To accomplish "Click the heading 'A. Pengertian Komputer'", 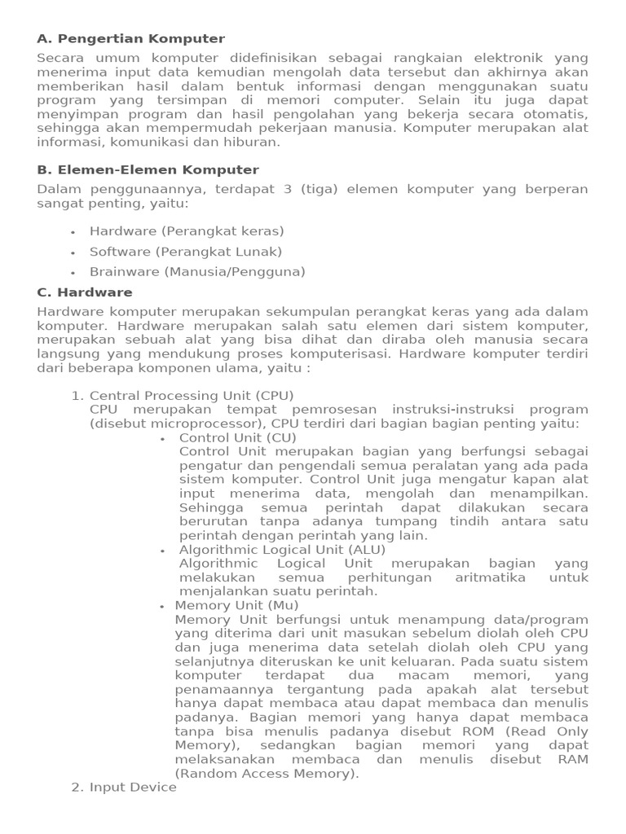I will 131,39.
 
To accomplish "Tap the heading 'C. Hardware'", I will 85,292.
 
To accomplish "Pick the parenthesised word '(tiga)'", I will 319,189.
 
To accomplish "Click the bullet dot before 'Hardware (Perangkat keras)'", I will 73,232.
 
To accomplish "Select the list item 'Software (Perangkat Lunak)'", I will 186,252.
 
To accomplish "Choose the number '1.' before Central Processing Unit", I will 78,396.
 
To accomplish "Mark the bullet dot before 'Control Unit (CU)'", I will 163,439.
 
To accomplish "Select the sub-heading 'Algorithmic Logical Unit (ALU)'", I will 271,550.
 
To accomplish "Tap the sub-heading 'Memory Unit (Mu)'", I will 236,605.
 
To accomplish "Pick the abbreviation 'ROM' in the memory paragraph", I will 478,731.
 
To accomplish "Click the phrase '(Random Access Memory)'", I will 267,773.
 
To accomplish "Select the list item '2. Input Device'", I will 124,788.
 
